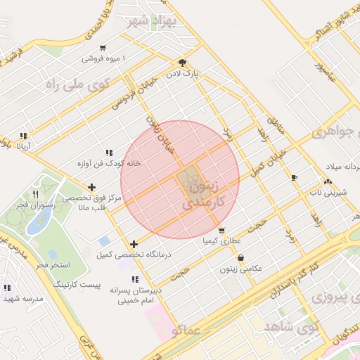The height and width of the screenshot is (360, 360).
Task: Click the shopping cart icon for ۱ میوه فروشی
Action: pos(103,48)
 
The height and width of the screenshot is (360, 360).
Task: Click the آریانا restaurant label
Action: pos(25,147)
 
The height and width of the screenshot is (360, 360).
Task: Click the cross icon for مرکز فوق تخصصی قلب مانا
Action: pos(91,187)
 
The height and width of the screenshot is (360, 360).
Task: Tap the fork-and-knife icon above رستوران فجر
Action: pos(35,194)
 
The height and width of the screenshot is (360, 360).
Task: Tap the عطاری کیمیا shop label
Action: pos(221,241)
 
